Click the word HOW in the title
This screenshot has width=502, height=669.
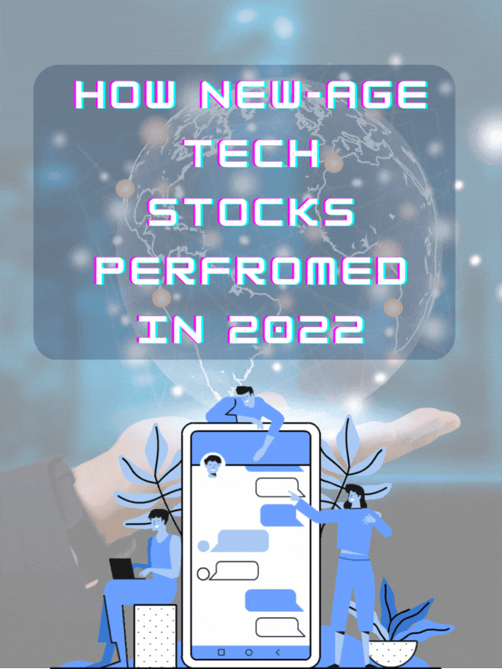point(125,97)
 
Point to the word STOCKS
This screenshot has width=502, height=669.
point(252,213)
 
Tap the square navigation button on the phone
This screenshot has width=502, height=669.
point(220,653)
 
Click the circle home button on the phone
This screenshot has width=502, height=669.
point(249,653)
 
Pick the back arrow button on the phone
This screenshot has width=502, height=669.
point(278,653)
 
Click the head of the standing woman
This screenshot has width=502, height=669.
point(354,496)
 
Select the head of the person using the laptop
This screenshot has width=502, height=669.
point(158,522)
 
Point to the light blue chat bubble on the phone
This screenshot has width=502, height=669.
point(242,540)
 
